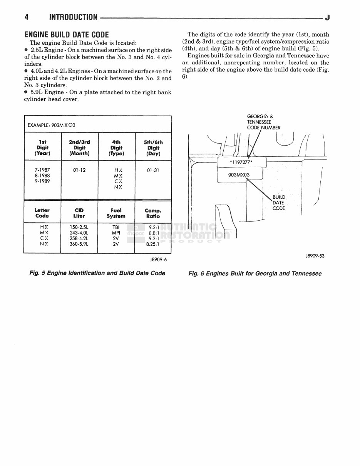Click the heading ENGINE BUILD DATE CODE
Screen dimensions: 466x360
coord(67,34)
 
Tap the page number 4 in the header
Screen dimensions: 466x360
coord(27,17)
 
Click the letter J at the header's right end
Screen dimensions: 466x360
coord(327,17)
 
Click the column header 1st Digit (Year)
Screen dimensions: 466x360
coord(42,148)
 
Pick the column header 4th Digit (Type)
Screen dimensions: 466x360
coord(116,148)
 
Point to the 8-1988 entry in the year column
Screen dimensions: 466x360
coord(42,175)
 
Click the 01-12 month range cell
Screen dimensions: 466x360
coord(79,169)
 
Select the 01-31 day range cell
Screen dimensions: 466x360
coord(153,169)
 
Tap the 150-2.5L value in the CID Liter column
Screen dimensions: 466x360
coord(79,227)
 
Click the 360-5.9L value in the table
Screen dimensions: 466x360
coord(79,244)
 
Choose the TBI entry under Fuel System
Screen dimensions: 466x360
coord(116,227)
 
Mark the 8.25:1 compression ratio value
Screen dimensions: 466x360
coord(153,244)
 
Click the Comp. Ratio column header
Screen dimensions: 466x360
coord(153,213)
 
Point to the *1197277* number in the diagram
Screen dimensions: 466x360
coord(241,163)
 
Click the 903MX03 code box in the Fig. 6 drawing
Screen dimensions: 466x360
coord(239,175)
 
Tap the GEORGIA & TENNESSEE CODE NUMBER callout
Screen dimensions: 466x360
coord(263,122)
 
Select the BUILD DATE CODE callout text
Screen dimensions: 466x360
coord(279,203)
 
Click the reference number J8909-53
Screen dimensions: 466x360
coord(315,255)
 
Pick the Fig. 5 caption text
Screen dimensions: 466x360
coord(97,273)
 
